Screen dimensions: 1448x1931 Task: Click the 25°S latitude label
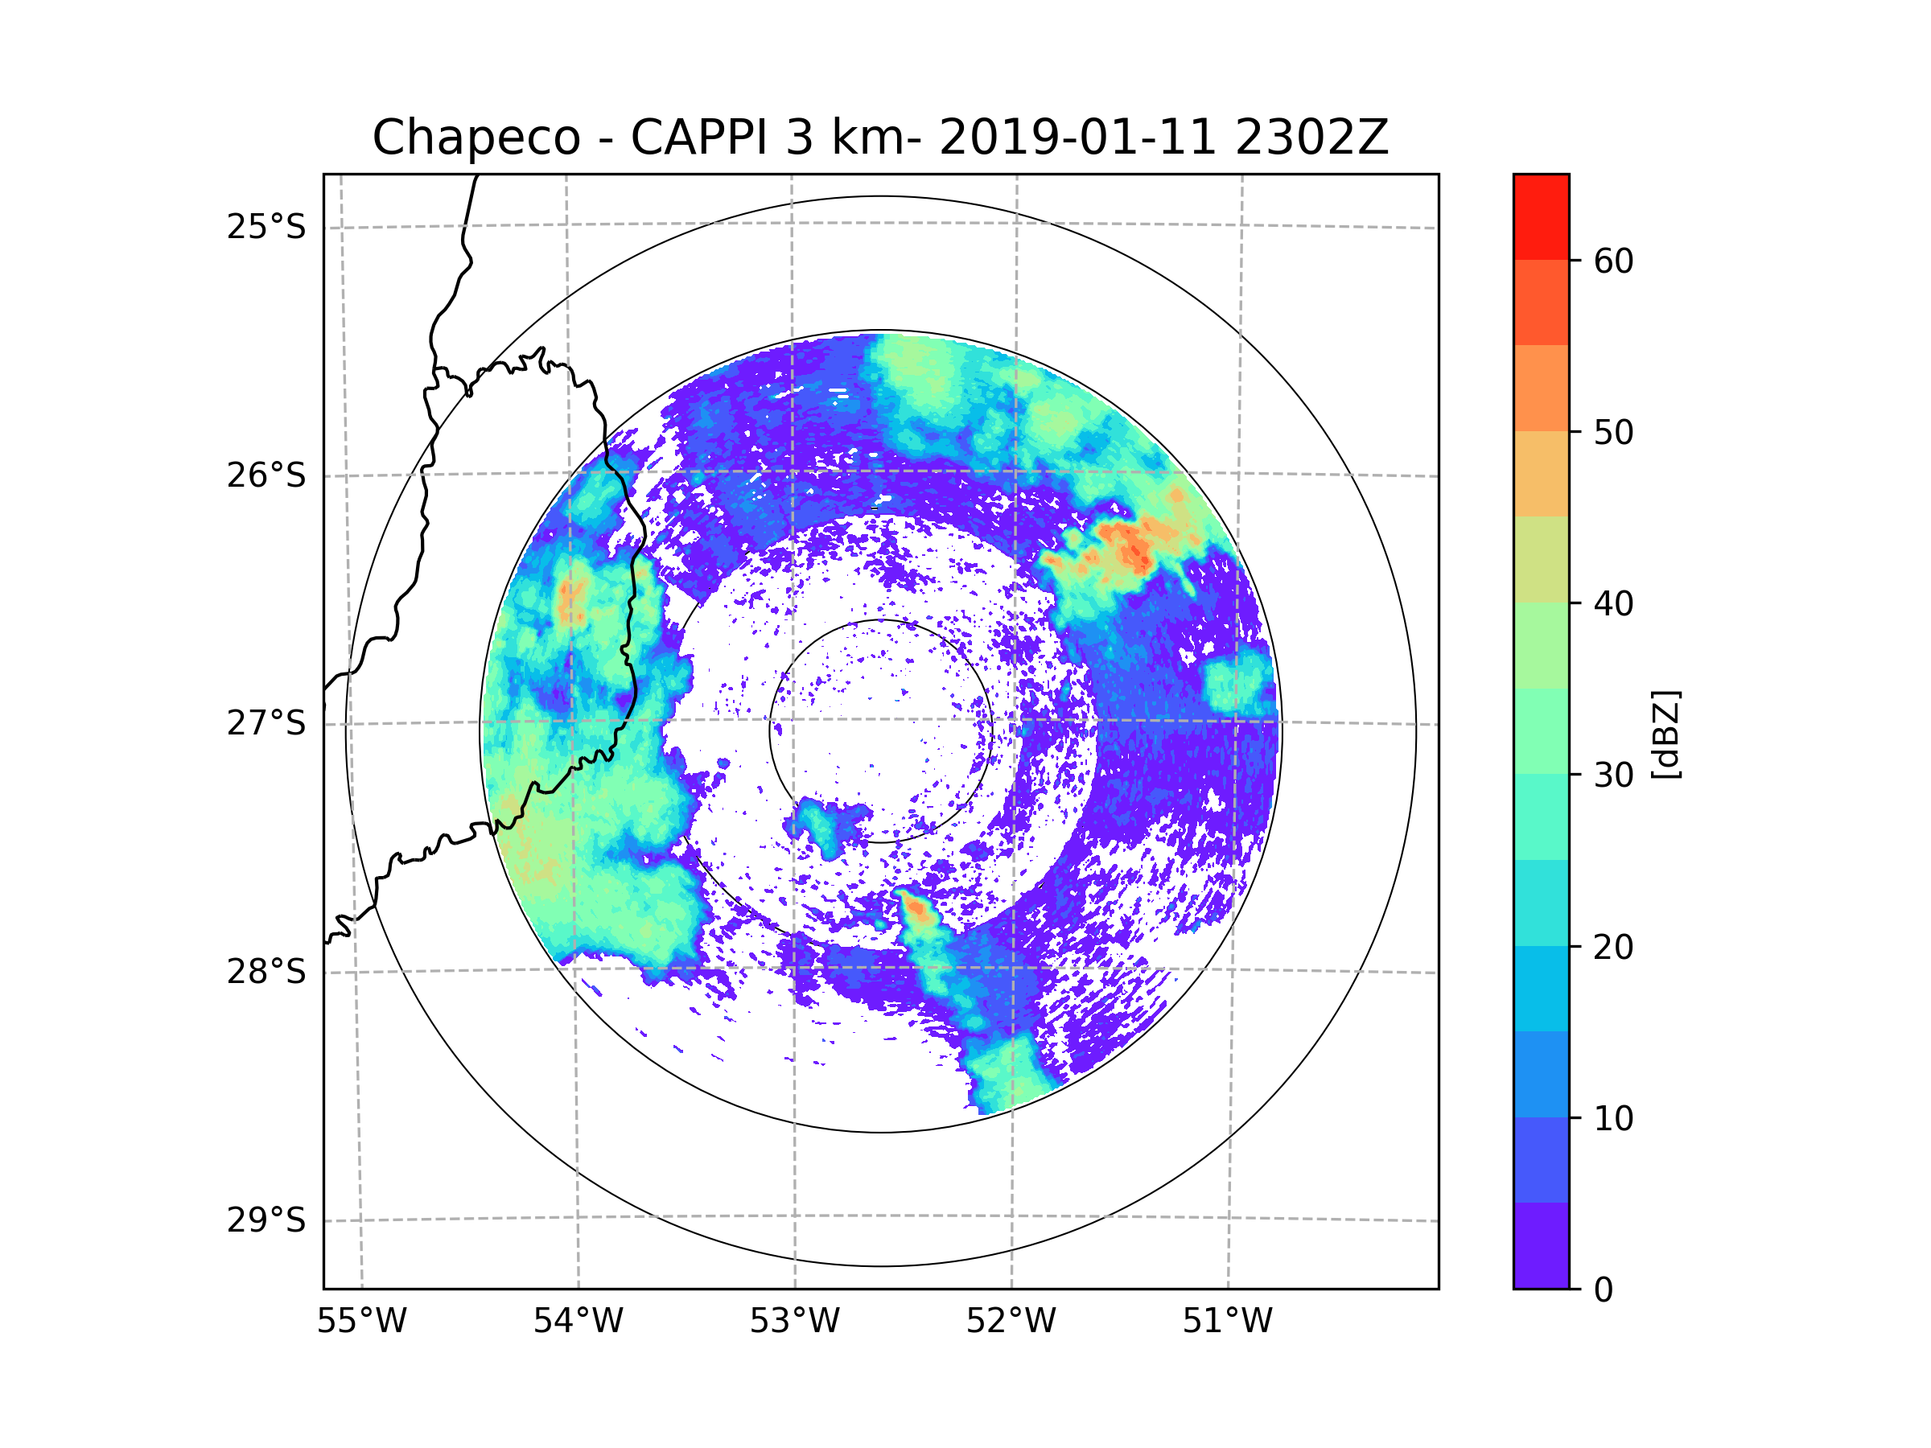[x=266, y=227]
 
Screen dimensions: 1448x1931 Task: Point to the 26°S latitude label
[x=266, y=475]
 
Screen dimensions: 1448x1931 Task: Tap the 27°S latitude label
[x=266, y=723]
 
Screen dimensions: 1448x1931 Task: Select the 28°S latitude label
[x=266, y=972]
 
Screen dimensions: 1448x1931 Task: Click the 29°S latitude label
[x=266, y=1220]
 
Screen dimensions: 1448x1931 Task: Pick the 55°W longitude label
[x=361, y=1322]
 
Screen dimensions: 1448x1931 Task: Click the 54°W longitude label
[x=578, y=1322]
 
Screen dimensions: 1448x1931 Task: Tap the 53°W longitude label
[x=794, y=1322]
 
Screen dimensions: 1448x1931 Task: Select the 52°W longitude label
[x=1011, y=1322]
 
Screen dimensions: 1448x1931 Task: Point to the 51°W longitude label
[x=1227, y=1322]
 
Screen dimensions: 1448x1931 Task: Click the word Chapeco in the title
[x=476, y=138]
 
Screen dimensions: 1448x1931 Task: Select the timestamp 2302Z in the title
[x=1311, y=138]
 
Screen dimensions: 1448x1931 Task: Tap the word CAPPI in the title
[x=699, y=138]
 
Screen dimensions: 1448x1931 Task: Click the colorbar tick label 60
[x=1613, y=261]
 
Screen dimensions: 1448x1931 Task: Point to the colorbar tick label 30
[x=1613, y=775]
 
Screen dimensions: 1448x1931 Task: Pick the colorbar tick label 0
[x=1604, y=1290]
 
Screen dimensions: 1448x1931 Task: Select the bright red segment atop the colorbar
[x=1541, y=216]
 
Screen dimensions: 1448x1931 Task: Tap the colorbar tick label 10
[x=1613, y=1118]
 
